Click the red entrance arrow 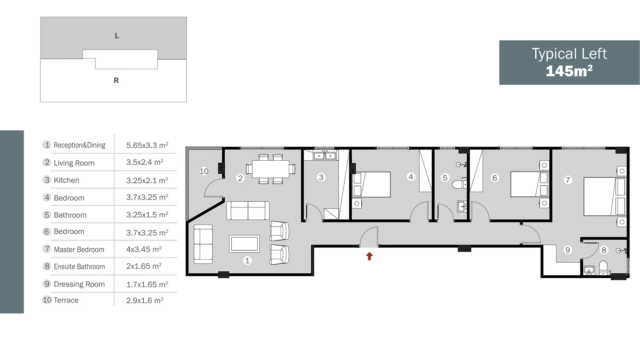pyautogui.click(x=369, y=256)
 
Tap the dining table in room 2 pyautogui.click(x=270, y=169)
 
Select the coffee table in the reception pyautogui.click(x=244, y=244)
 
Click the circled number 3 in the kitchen pyautogui.click(x=321, y=177)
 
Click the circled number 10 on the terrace pyautogui.click(x=204, y=171)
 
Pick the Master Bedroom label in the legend pyautogui.click(x=79, y=250)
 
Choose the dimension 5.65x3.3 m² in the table pyautogui.click(x=147, y=145)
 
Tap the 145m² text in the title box pyautogui.click(x=569, y=71)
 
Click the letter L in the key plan pyautogui.click(x=117, y=36)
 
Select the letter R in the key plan pyautogui.click(x=116, y=80)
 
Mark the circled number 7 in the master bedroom pyautogui.click(x=568, y=180)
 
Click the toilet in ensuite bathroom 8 pyautogui.click(x=603, y=268)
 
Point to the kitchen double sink pyautogui.click(x=324, y=156)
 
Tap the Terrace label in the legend pyautogui.click(x=66, y=300)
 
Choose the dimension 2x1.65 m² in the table pyautogui.click(x=144, y=266)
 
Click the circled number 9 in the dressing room pyautogui.click(x=567, y=250)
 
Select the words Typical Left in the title pyautogui.click(x=569, y=54)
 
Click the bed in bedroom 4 pyautogui.click(x=372, y=184)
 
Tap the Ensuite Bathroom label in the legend pyautogui.click(x=79, y=267)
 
